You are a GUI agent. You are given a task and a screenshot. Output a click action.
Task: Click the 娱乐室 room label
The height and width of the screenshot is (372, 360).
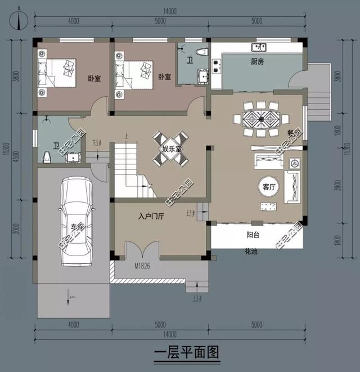(172, 149)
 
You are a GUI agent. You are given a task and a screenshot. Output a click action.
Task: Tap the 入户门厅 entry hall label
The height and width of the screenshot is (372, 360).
(150, 216)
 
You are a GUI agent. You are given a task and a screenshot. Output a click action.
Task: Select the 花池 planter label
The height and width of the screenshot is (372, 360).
(250, 252)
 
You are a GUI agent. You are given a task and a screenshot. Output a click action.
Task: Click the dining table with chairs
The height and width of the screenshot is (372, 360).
(261, 119)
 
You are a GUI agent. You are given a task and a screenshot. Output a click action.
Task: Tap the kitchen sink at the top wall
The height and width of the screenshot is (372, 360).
(259, 47)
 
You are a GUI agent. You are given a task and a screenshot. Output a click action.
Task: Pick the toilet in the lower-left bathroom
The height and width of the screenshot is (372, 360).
(48, 156)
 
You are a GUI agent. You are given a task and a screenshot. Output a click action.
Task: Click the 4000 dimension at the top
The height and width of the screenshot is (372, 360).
(73, 21)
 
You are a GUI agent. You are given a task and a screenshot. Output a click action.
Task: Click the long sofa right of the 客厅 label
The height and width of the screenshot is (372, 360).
(292, 187)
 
